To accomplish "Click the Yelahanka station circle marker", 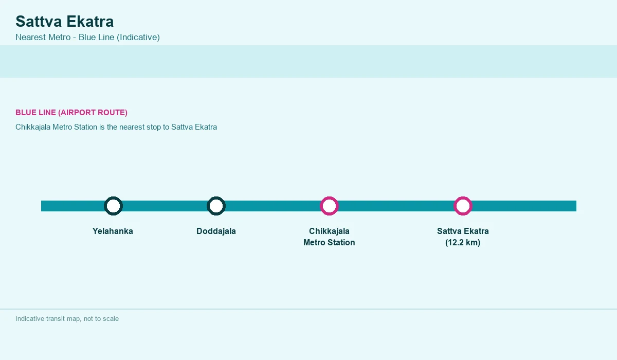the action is [113, 200].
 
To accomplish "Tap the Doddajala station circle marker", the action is [216, 200].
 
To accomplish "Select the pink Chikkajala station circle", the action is [329, 200].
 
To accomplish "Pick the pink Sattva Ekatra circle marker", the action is [463, 200].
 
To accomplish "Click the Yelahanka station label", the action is [113, 231].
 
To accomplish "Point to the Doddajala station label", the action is [216, 231].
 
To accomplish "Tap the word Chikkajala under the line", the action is [329, 231].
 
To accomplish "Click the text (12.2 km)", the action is [463, 242].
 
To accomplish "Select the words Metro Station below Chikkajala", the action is [329, 242].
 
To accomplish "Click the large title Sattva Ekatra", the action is [64, 21].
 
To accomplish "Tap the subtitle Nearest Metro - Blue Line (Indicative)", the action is [87, 37].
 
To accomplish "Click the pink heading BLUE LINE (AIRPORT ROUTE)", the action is [71, 113].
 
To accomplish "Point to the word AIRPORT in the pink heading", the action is [74, 113].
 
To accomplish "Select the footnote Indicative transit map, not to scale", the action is [67, 319].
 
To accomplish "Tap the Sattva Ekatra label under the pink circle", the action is [463, 231].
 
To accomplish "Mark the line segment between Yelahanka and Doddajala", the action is [165, 206].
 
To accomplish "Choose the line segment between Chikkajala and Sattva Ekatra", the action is [396, 206].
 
